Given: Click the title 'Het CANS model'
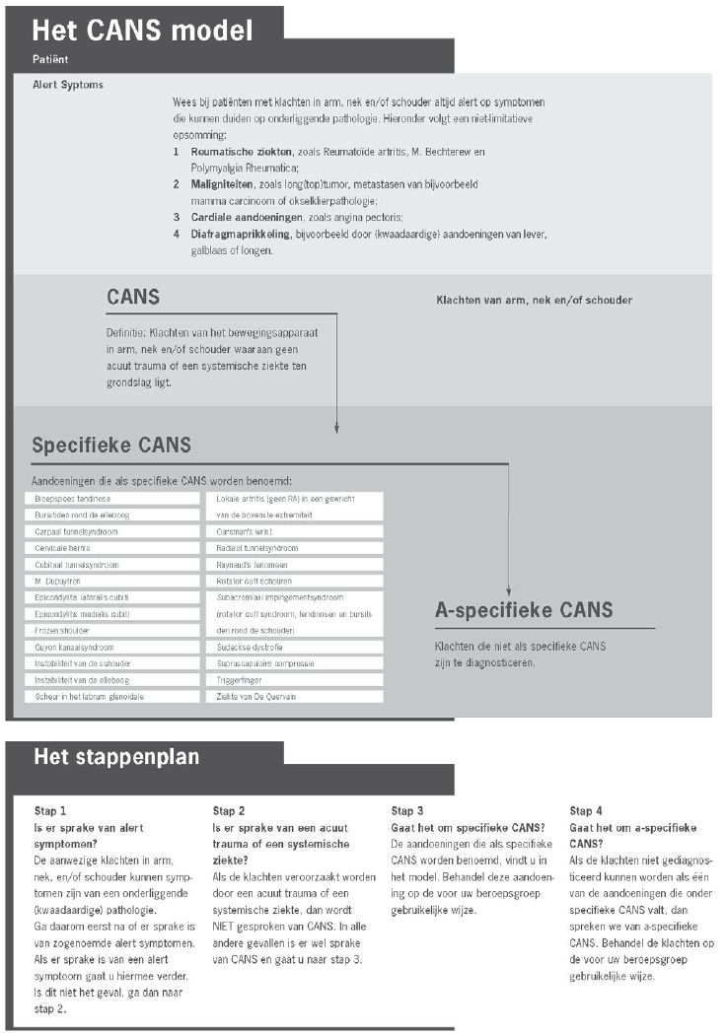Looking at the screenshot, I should point(143,30).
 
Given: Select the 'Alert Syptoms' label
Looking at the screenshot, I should point(68,85).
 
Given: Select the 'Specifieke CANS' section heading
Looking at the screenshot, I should point(111,445).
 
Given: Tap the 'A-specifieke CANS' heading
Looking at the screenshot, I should point(524,610).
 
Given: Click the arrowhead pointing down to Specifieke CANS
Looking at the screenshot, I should point(336,428).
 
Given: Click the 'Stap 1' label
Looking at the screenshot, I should point(50,811).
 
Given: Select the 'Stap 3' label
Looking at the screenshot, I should point(407,811).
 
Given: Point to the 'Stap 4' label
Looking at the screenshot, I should point(586,811).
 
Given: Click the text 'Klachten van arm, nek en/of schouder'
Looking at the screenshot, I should point(534,300).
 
